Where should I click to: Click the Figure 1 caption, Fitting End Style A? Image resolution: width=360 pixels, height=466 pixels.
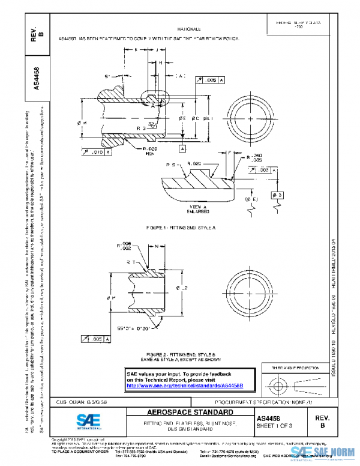pyautogui.click(x=180, y=229)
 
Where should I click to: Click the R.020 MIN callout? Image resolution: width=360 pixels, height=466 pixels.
pyautogui.click(x=150, y=150)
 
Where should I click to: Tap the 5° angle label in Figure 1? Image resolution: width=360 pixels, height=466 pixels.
pyautogui.click(x=107, y=76)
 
